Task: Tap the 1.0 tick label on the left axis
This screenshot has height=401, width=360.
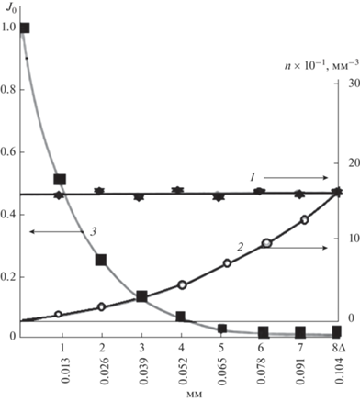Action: pyautogui.click(x=8, y=28)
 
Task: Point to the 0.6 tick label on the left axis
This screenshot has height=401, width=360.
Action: pyautogui.click(x=8, y=152)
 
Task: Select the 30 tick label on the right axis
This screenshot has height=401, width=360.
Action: pyautogui.click(x=354, y=84)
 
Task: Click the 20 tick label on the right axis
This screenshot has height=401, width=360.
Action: pyautogui.click(x=354, y=162)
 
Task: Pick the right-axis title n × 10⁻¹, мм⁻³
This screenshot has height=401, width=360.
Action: pyautogui.click(x=321, y=65)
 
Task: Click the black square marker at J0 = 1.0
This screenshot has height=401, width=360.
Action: pyautogui.click(x=25, y=28)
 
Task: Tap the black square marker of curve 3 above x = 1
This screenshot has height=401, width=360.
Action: pyautogui.click(x=60, y=179)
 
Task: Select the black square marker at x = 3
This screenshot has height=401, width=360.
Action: pyautogui.click(x=141, y=296)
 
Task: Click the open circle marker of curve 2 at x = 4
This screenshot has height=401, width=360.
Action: pyautogui.click(x=182, y=284)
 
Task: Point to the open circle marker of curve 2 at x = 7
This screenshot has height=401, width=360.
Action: pyautogui.click(x=304, y=219)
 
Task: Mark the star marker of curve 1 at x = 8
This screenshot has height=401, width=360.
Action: pyautogui.click(x=338, y=192)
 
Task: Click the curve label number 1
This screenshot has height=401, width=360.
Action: pyautogui.click(x=253, y=177)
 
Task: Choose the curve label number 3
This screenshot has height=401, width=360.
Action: pyautogui.click(x=93, y=231)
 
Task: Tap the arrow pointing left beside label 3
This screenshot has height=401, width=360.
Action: pyautogui.click(x=56, y=232)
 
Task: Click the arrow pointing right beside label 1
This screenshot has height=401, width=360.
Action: pyautogui.click(x=296, y=178)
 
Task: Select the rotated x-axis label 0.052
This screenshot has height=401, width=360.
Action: pyautogui.click(x=182, y=370)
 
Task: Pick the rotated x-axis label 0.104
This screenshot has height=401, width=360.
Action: pyautogui.click(x=339, y=370)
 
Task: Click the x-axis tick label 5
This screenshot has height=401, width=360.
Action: pyautogui.click(x=221, y=348)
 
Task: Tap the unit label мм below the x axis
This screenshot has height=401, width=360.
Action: pyautogui.click(x=194, y=395)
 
